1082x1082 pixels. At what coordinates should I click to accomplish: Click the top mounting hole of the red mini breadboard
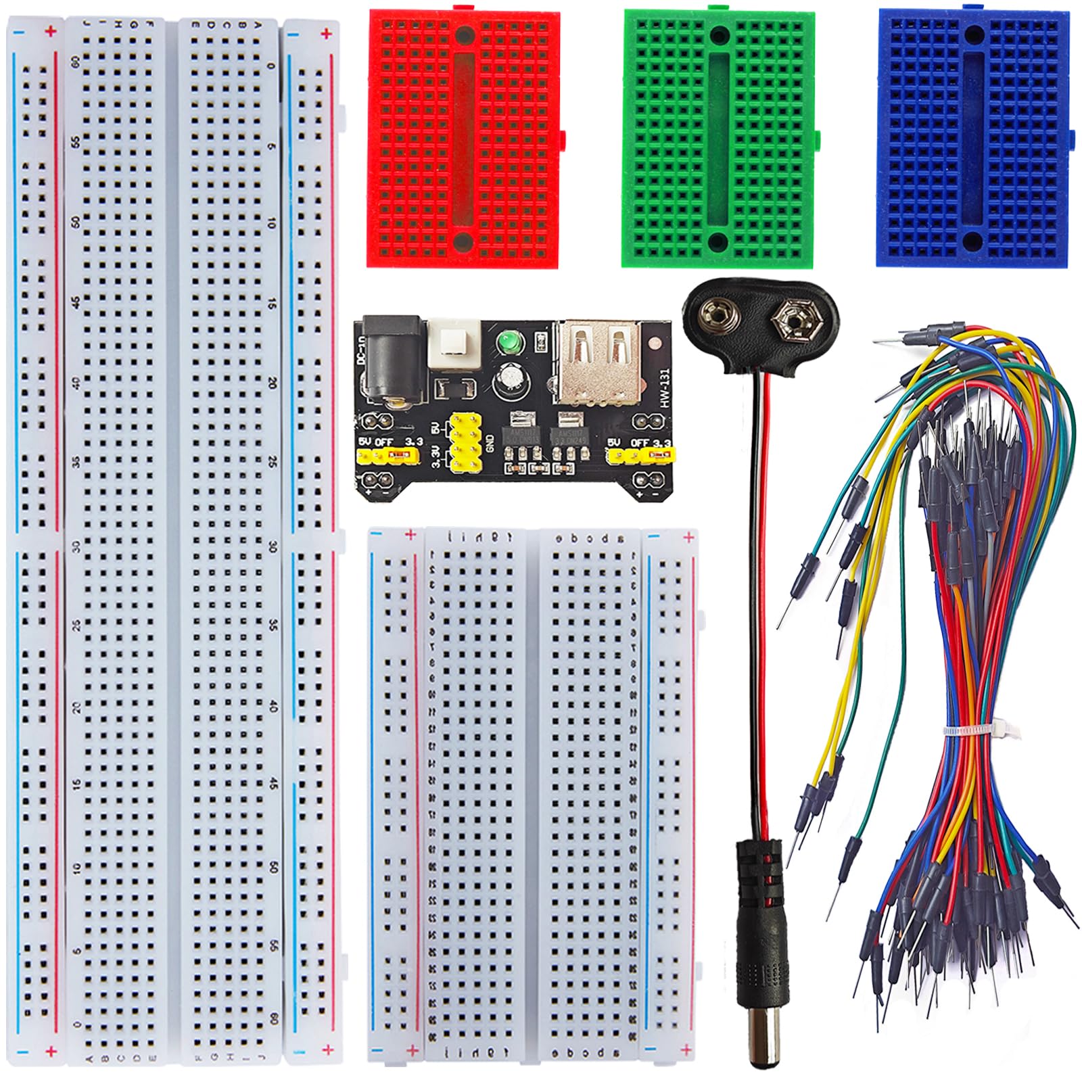tap(463, 35)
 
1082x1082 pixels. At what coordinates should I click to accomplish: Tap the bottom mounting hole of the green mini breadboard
tap(718, 240)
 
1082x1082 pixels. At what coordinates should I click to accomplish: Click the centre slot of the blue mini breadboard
tap(973, 135)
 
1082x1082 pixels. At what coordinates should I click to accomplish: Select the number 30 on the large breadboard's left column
tap(76, 546)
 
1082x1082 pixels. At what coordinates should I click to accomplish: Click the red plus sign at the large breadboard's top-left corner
tap(50, 31)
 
